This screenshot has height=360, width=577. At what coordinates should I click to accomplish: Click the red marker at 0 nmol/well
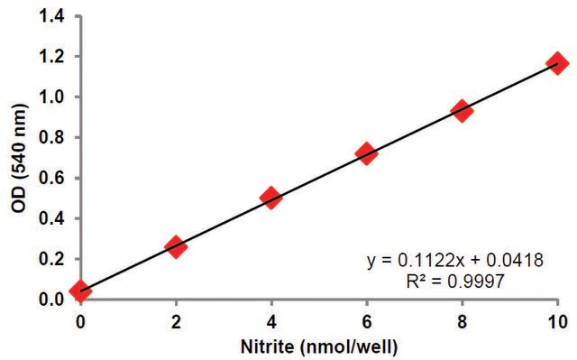80,290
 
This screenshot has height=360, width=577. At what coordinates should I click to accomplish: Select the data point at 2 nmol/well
176,247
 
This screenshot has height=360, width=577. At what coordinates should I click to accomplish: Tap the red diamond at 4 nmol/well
271,198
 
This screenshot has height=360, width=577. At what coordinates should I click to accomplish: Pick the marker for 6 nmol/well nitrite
367,154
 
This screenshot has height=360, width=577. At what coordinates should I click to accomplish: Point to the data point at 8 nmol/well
463,110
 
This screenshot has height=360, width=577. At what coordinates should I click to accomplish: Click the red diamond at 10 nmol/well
557,63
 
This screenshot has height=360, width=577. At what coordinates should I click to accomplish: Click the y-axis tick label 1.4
52,16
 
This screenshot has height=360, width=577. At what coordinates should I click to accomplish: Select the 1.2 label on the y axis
52,57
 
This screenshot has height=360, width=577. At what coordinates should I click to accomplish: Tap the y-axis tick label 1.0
52,97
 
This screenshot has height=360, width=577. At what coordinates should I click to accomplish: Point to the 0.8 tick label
52,138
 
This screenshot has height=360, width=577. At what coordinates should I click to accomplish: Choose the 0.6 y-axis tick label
52,178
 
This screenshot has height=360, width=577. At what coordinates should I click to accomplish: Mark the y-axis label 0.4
52,218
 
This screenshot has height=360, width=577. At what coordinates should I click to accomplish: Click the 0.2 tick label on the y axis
52,259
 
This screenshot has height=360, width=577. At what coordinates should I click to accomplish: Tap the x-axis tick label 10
558,322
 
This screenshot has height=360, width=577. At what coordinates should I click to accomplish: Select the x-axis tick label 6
367,322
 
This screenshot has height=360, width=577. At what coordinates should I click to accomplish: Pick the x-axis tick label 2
176,322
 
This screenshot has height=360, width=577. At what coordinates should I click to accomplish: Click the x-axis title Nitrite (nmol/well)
319,346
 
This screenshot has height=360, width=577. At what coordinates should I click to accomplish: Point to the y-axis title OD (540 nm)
20,159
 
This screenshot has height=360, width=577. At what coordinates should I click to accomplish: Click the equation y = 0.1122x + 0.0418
454,261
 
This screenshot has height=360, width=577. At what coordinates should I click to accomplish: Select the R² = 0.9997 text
454,282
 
